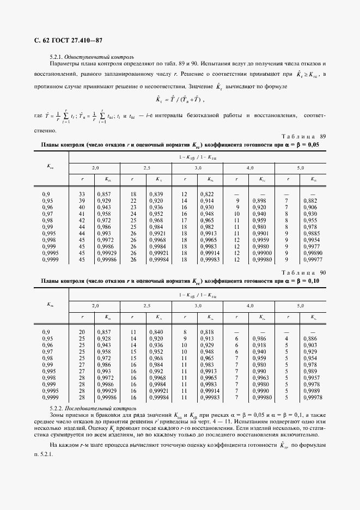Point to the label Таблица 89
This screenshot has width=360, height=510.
pos(303,136)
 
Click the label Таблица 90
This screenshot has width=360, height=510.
pos(303,272)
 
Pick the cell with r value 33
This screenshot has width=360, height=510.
pos(82,194)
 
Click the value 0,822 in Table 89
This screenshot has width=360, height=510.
pos(207,194)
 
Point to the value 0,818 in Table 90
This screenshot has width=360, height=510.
pos(207,332)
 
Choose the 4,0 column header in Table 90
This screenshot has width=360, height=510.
pos(249,306)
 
